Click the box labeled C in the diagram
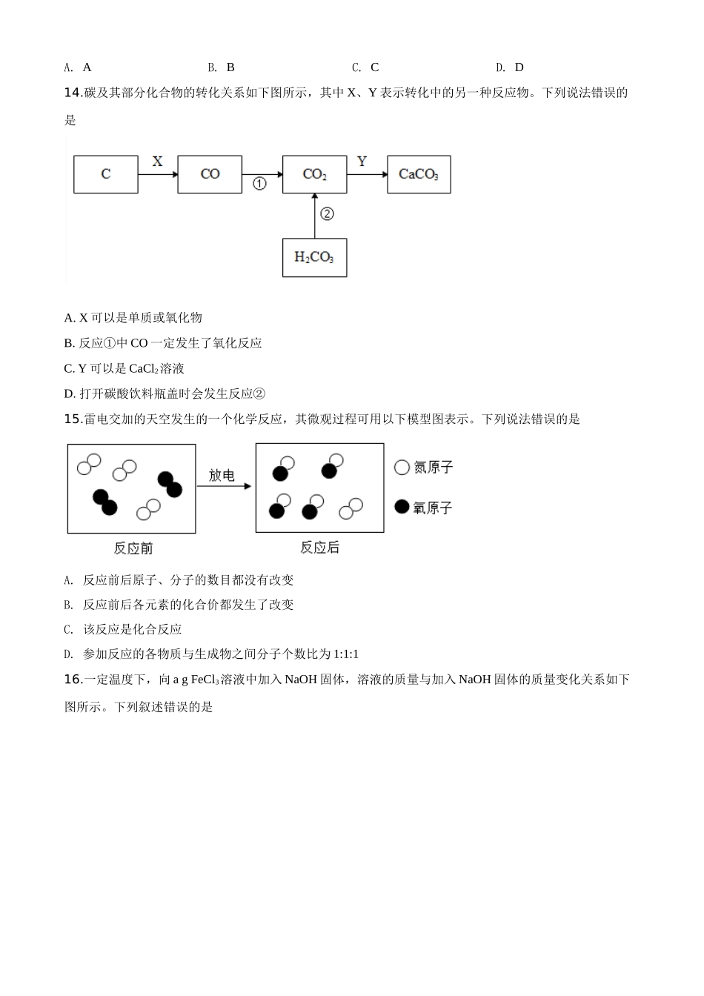[x=106, y=174]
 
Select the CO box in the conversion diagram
[x=210, y=174]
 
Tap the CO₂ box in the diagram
[x=314, y=174]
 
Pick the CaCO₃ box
[x=419, y=174]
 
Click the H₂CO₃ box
[x=314, y=257]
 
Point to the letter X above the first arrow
[x=157, y=161]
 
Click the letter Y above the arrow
[x=362, y=161]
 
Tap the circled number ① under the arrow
[x=259, y=184]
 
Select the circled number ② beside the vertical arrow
[x=327, y=214]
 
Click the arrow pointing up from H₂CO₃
[x=314, y=216]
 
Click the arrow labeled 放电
[x=224, y=486]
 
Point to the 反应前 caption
[x=133, y=548]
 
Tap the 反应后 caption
[x=319, y=548]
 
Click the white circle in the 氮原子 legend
[x=402, y=468]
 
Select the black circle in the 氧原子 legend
[x=402, y=507]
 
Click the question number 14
[x=72, y=93]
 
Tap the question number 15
[x=72, y=419]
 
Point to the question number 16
[x=72, y=679]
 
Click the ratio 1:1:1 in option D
[x=345, y=654]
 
